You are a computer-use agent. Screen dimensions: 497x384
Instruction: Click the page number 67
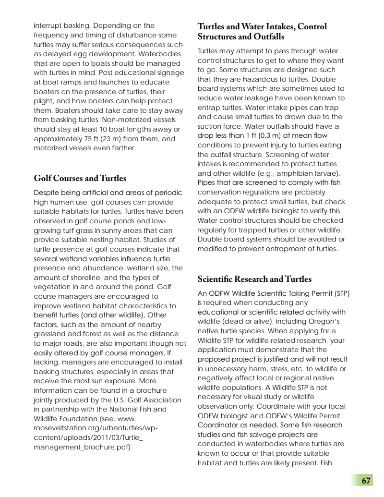click(x=366, y=481)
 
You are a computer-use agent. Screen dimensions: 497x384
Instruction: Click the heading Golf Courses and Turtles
click(x=80, y=179)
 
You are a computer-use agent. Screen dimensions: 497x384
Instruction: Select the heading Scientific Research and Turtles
click(x=254, y=279)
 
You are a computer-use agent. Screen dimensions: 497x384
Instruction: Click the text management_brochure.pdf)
click(x=83, y=447)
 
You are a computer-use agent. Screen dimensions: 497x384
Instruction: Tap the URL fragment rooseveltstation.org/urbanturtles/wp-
click(x=96, y=428)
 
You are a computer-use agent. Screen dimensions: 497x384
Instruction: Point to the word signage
click(x=170, y=73)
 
